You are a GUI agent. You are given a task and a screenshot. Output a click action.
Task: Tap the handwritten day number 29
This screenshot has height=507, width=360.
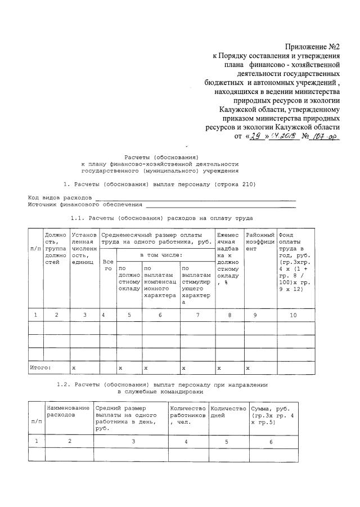pyautogui.click(x=255, y=136)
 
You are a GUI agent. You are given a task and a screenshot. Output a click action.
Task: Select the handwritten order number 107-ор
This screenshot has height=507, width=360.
pyautogui.click(x=326, y=136)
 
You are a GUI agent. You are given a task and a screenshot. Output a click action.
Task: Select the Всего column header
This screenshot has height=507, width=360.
pyautogui.click(x=107, y=265)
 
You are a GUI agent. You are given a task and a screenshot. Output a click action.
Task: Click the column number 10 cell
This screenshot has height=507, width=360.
pyautogui.click(x=292, y=316)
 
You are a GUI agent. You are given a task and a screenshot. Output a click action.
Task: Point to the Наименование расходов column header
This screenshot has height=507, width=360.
pyautogui.click(x=69, y=411)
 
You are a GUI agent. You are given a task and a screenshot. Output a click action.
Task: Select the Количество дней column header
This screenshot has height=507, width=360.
pyautogui.click(x=228, y=411)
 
